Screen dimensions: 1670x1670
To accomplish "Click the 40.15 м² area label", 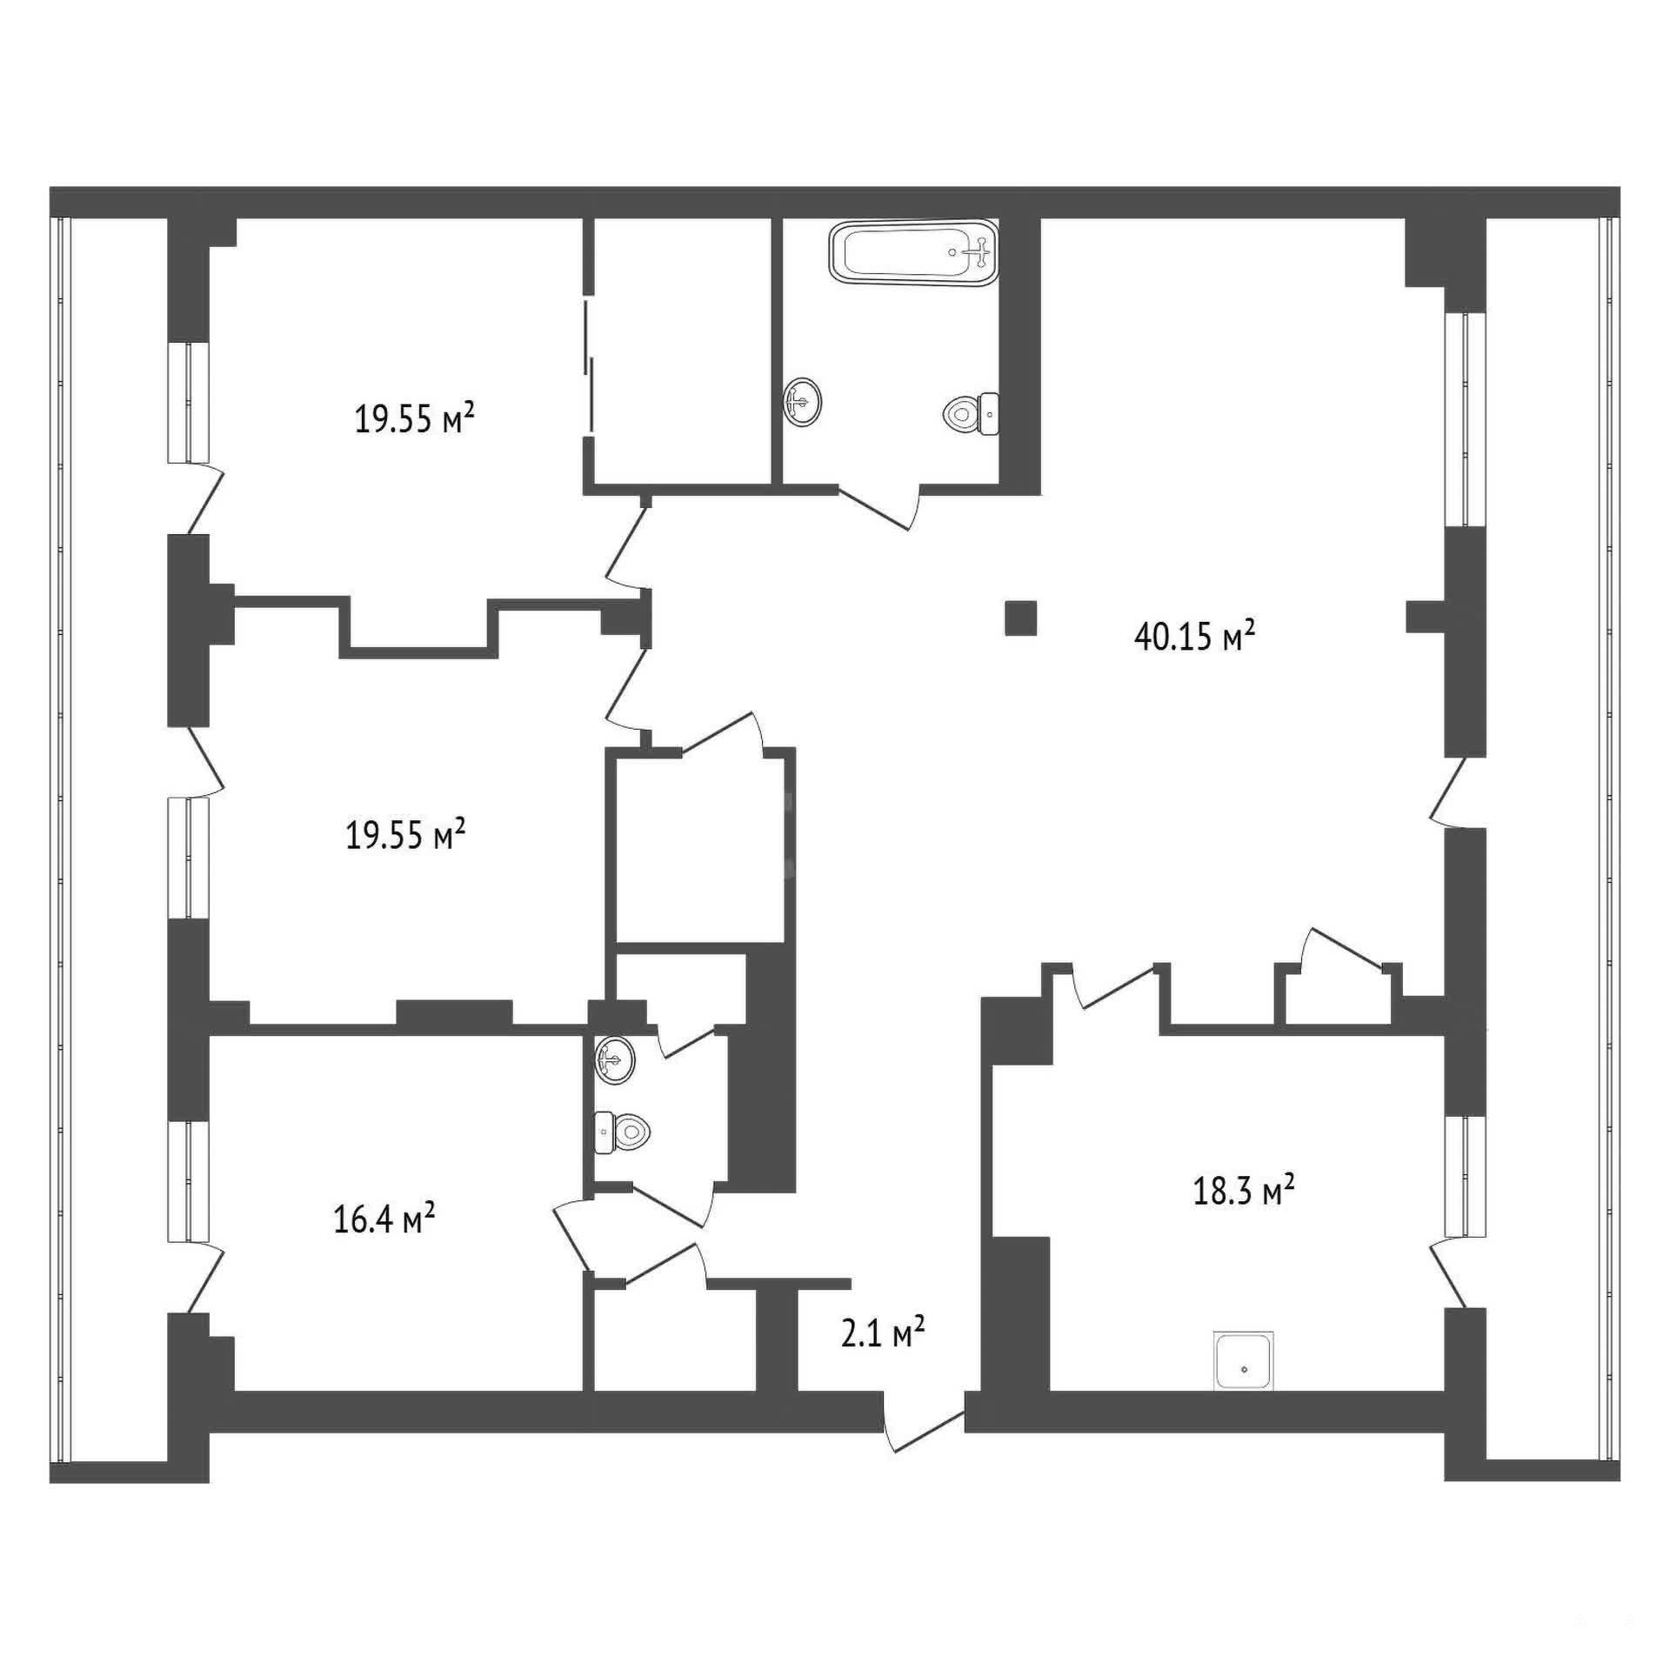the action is point(1194,636).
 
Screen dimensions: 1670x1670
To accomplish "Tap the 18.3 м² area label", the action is point(1244,1190).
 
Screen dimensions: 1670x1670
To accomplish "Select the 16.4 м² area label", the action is point(384,1219).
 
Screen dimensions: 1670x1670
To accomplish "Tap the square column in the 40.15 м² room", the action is point(1020,618).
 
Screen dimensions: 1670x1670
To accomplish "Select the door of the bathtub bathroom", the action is point(878,507).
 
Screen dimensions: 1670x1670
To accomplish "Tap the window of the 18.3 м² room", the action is point(1466,1176).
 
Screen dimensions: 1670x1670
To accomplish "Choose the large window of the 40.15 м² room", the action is point(1466,419).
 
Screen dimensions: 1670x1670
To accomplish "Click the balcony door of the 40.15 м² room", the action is point(1448,792).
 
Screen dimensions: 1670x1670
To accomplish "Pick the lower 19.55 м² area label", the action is point(405,836).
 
